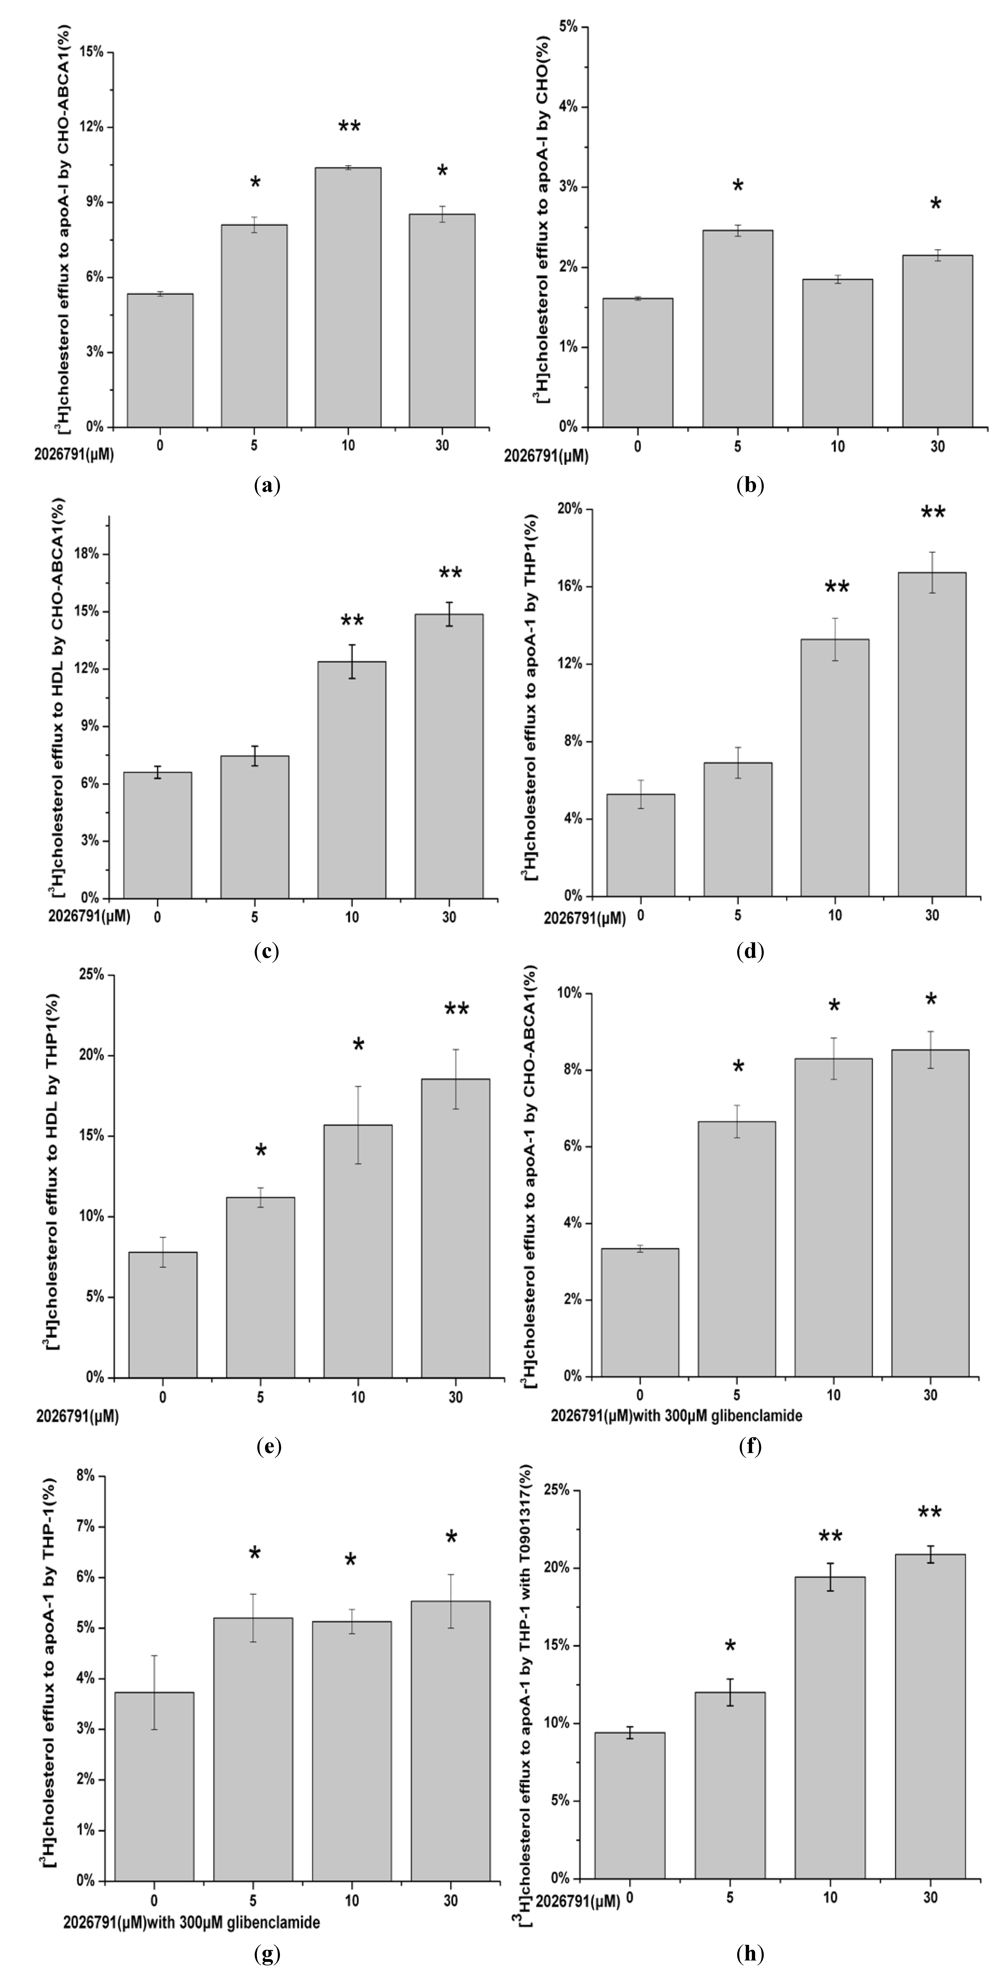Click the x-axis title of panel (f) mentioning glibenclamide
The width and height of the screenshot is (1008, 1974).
[x=676, y=1415]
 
